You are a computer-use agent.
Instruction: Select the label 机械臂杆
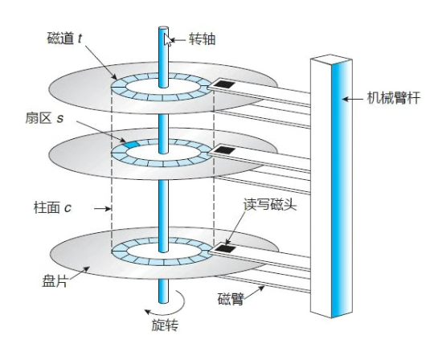390,98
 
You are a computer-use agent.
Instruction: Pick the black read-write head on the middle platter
224,150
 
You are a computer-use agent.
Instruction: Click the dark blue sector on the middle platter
128,145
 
